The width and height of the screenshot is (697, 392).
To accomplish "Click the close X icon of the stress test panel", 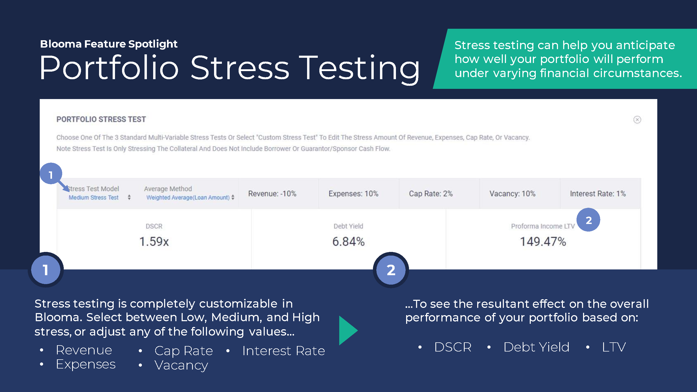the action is (637, 120).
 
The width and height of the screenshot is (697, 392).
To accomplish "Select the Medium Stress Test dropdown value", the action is (93, 198).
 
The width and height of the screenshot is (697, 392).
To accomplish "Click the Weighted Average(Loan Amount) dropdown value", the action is (188, 198).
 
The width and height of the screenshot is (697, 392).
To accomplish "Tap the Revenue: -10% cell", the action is (272, 194).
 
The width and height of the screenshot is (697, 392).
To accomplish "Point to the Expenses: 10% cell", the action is (353, 194).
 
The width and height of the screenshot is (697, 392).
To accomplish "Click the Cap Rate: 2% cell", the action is (431, 194).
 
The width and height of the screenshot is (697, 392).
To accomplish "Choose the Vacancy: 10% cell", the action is (512, 194).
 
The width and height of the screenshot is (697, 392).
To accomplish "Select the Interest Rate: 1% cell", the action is (598, 194).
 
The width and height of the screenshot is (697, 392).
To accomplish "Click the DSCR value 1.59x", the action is (154, 241).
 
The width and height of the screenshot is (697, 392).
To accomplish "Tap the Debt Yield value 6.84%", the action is (349, 241).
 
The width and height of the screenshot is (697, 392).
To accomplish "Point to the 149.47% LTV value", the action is (543, 241).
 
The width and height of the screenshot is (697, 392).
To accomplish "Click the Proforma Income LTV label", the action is (543, 226).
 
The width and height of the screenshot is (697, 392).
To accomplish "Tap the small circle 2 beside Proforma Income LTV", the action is (588, 220).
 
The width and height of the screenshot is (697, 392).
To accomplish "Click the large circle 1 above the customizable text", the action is (46, 270).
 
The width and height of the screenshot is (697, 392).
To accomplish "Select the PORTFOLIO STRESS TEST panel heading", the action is (101, 119).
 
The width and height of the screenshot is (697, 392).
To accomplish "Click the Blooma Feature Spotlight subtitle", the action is (109, 44).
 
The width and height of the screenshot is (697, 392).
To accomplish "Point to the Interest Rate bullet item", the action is (284, 351).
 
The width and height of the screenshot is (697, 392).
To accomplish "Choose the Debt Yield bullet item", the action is (537, 347).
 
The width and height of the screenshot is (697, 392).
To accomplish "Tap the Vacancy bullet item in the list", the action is (181, 366).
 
